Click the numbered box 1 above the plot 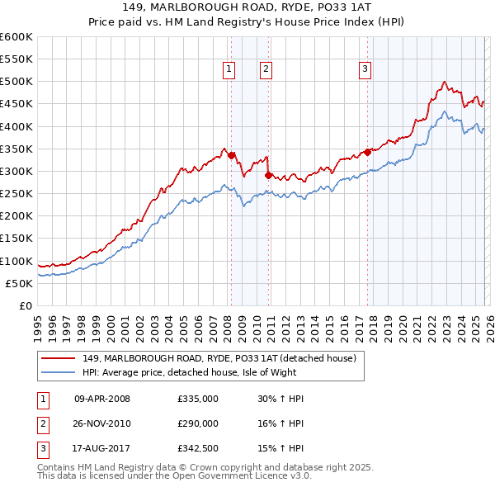coord(229,69)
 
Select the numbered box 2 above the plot coord(266,69)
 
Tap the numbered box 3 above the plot coord(365,69)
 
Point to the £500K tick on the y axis coord(16,82)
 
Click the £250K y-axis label coord(16,194)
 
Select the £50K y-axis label coord(19,283)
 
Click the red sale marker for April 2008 coord(231,155)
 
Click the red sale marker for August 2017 coord(367,152)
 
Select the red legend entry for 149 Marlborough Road coord(219,358)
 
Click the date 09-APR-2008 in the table coord(102,399)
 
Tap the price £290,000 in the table coord(198,423)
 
